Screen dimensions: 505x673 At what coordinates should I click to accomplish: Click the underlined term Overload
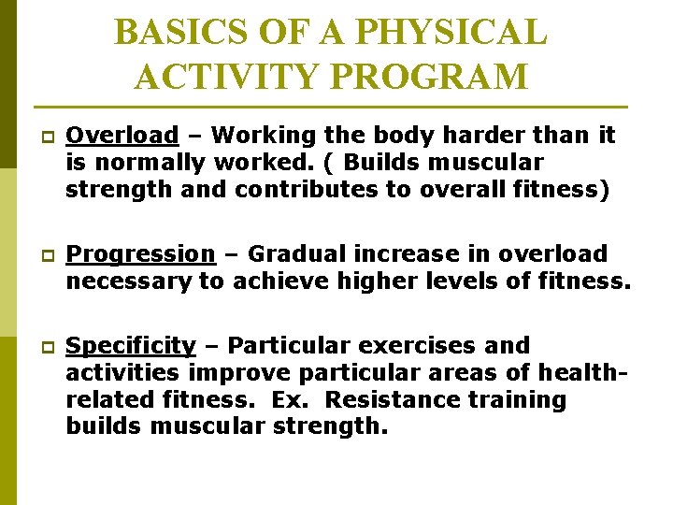click(122, 136)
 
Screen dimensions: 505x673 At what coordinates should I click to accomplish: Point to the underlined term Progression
click(140, 253)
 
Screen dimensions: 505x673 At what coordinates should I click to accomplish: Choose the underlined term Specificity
click(131, 346)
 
